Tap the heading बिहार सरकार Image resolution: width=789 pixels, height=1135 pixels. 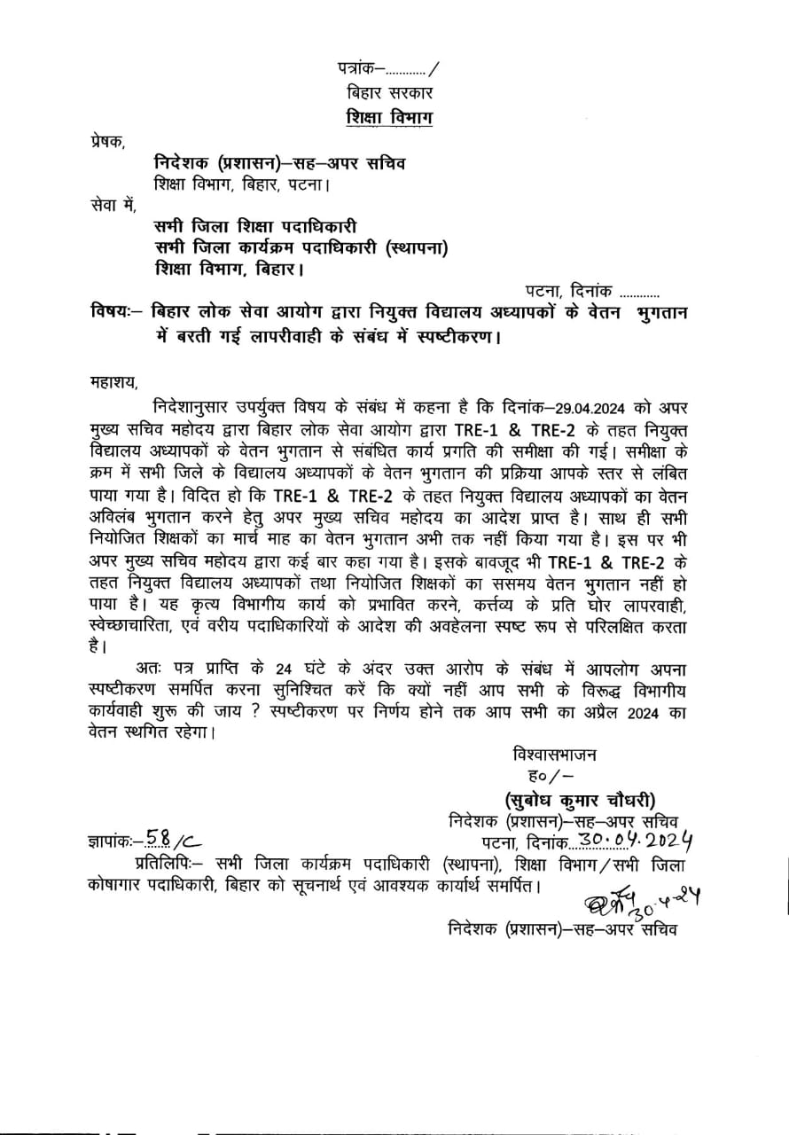coord(391,92)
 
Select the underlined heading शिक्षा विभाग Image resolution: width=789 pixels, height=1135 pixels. coord(390,118)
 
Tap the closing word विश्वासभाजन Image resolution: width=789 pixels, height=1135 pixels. coord(554,755)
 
